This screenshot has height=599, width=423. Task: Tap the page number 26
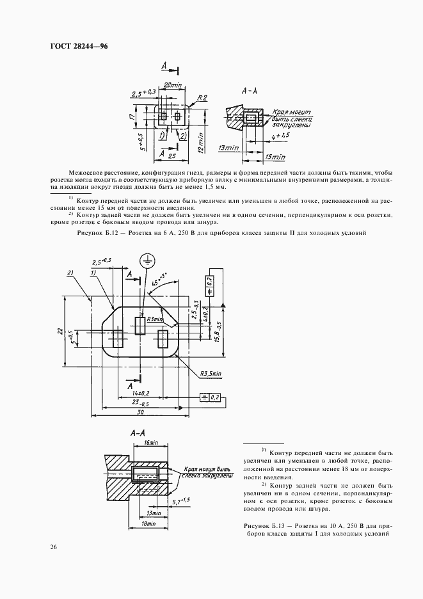pos(52,547)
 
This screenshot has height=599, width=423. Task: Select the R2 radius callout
pos(203,98)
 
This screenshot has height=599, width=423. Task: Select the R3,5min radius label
pos(210,373)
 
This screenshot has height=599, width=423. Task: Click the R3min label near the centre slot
pos(155,319)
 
